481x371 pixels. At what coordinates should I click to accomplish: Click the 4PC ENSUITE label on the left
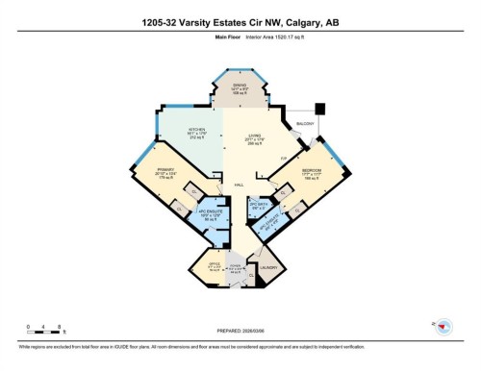[210, 215]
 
